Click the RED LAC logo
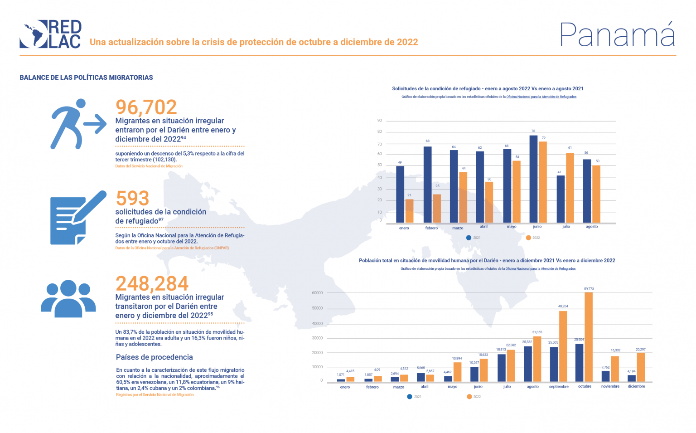click(x=50, y=34)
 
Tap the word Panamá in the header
click(x=617, y=34)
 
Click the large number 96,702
click(x=146, y=107)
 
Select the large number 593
click(x=132, y=198)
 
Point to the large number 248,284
click(x=152, y=284)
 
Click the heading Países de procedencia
click(x=154, y=357)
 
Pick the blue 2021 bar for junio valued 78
click(x=533, y=179)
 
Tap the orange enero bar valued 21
click(x=409, y=211)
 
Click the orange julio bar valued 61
click(x=570, y=188)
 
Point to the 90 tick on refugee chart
click(x=380, y=121)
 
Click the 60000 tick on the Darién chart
click(x=317, y=293)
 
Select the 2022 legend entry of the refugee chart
click(x=533, y=238)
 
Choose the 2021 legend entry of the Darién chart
click(x=414, y=397)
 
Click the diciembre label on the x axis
click(x=636, y=386)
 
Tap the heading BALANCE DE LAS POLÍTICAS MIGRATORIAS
click(x=86, y=78)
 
